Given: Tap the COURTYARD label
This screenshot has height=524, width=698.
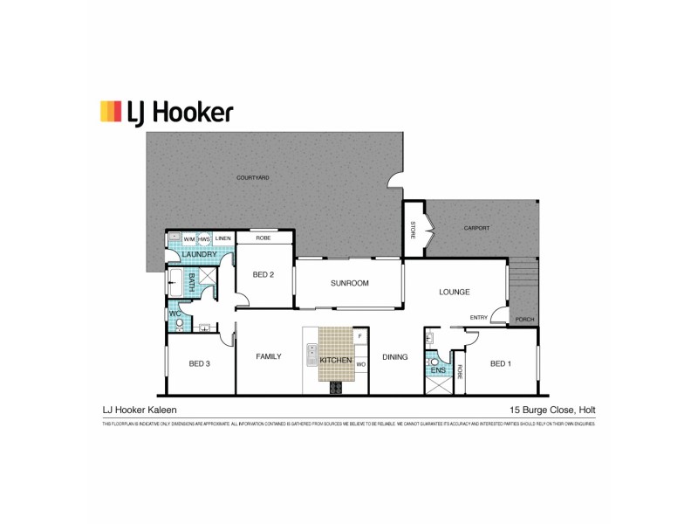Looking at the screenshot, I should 253,177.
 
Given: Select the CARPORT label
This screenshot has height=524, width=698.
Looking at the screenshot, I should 476,228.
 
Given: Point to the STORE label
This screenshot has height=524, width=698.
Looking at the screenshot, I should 413,231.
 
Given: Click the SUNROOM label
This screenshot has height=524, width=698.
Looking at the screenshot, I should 349,283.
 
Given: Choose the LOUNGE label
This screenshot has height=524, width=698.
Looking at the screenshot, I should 455,292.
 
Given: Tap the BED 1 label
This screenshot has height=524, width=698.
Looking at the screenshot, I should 500,363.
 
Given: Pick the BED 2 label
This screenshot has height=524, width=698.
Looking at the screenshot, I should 263,274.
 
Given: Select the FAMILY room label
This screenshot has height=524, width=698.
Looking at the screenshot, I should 268,356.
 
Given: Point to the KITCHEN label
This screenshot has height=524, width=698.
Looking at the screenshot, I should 335,360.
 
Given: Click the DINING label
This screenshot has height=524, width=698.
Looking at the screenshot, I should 394,356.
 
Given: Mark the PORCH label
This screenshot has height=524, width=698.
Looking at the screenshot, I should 524,319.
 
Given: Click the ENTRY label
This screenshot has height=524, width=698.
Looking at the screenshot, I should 479,317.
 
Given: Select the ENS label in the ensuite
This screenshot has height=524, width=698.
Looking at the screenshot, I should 438,370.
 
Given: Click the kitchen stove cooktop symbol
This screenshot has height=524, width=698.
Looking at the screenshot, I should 335,389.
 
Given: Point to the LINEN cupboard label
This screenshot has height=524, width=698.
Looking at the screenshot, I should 222,238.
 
